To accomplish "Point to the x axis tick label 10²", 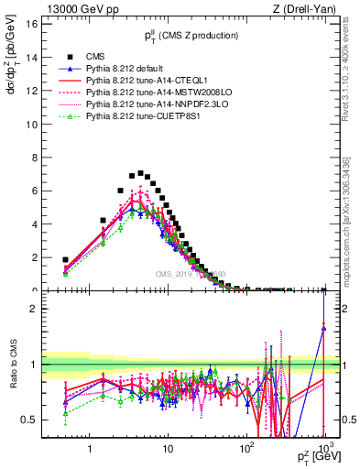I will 245,450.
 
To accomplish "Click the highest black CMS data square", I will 140,172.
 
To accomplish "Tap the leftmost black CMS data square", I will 65,260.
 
